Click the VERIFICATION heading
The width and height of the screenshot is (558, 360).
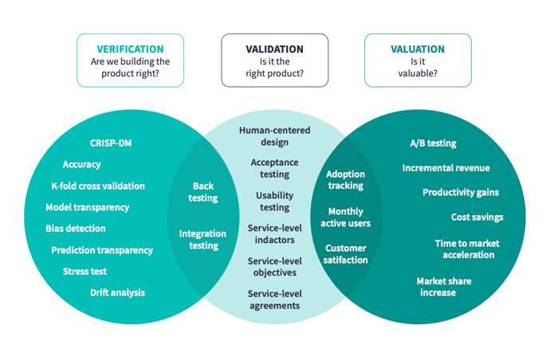coord(130,49)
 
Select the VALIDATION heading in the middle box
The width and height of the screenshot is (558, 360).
coord(274,49)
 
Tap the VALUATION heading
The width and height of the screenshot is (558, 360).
coord(418,49)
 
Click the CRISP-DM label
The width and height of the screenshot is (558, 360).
coord(111,143)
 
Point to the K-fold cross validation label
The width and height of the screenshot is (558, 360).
coord(98,186)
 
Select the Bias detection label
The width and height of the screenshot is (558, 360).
coord(76,229)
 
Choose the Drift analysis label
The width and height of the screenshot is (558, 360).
coord(117,292)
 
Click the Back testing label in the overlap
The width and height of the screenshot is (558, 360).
coord(202,192)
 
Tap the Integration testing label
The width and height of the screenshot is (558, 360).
coord(202,240)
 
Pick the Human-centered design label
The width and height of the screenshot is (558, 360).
coord(274,136)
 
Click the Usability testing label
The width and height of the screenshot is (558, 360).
coord(274,202)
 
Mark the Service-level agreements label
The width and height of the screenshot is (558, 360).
coord(274,299)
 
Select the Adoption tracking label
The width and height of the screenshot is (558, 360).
coord(346,180)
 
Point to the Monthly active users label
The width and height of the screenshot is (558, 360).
coord(345,217)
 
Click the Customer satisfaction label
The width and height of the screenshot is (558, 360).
coord(345,254)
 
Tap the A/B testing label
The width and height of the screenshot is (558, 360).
coord(433,143)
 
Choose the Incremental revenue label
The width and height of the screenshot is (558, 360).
coord(446,168)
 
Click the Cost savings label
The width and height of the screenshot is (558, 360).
coord(477,217)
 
